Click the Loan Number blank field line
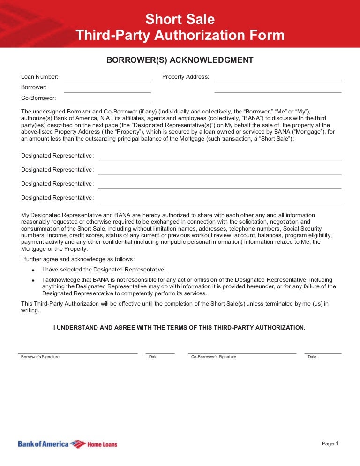coord(107,81)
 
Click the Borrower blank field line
coord(107,91)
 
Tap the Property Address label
coord(186,77)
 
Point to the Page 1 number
coord(330,443)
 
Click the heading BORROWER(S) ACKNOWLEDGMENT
coord(180,60)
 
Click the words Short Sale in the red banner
coord(180,20)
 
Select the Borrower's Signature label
coord(40,357)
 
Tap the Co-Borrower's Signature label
coord(214,357)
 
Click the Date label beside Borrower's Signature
coord(153,357)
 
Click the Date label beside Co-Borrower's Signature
coord(312,357)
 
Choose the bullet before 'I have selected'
coord(33,271)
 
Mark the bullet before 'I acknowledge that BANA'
coord(33,280)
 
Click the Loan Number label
coord(40,77)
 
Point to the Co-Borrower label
coord(38,98)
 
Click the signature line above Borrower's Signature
coord(78,353)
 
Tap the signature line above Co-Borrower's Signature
coord(242,353)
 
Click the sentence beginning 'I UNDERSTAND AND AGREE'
coord(180,328)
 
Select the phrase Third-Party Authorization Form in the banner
coord(180,35)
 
